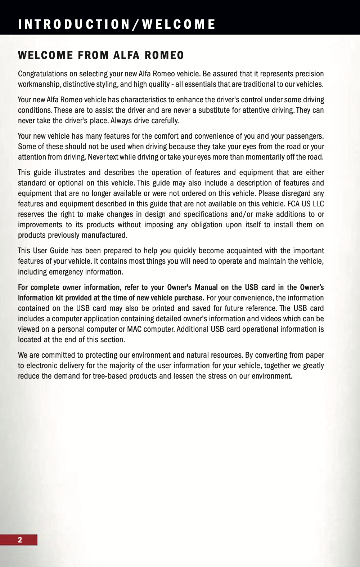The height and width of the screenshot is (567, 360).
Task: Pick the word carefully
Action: pyautogui.click(x=165, y=121)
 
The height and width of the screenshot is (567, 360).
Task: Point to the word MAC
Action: pyautogui.click(x=134, y=329)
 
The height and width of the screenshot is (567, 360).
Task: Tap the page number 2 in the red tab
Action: pyautogui.click(x=20, y=540)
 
